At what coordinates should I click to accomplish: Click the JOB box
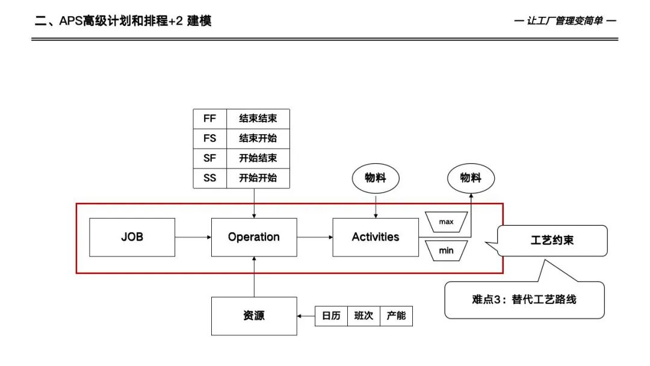(x=132, y=237)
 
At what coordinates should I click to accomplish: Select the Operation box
(x=253, y=237)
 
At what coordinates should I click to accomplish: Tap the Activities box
(x=376, y=237)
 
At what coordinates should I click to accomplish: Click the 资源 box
(x=253, y=316)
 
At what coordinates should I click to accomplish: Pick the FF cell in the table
(x=209, y=119)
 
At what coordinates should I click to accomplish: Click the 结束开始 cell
(x=258, y=138)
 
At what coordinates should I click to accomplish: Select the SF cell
(x=209, y=158)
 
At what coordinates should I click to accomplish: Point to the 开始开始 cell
(x=258, y=178)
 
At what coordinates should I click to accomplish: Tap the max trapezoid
(x=446, y=222)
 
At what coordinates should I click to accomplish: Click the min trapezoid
(x=446, y=250)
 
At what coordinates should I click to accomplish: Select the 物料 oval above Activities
(x=376, y=178)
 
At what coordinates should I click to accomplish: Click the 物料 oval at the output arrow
(x=471, y=178)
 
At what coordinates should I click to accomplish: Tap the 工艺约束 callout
(x=552, y=241)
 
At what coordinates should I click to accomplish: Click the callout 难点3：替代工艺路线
(x=524, y=299)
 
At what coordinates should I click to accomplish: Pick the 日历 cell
(x=331, y=316)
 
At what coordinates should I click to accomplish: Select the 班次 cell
(x=364, y=316)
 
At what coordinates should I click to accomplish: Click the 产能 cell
(x=396, y=316)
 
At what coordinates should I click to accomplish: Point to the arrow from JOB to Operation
(x=193, y=237)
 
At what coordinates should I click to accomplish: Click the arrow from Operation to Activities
(x=314, y=237)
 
